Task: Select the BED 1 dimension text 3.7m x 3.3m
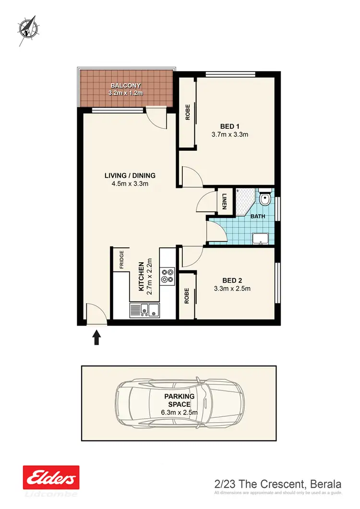coord(230,134)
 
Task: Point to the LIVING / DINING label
coord(130,175)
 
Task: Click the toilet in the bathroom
coord(264,198)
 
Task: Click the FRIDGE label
coord(121,260)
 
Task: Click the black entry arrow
coord(96,337)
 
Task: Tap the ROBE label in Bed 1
coord(188,112)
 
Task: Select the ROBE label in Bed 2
coord(187,295)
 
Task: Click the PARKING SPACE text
coord(180,400)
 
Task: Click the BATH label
coord(258,217)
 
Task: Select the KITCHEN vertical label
coord(142,276)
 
